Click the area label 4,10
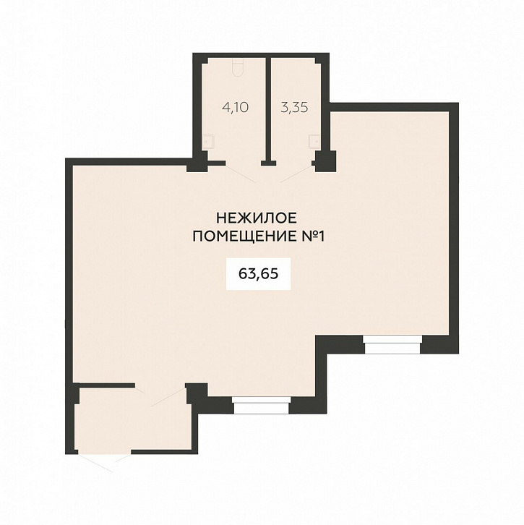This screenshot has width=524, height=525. point(235,108)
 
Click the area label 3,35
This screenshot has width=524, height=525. point(294,108)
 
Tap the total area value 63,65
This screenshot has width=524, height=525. point(258,274)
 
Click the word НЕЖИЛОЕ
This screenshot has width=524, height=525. point(257,218)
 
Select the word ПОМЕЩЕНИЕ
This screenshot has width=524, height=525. point(244,236)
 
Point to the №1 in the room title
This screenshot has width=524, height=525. point(312,236)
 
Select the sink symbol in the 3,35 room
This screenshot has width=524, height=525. point(314,141)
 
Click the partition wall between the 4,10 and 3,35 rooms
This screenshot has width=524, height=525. point(268,111)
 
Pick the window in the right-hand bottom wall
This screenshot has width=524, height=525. point(392,345)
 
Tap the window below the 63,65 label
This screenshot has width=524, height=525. point(262,405)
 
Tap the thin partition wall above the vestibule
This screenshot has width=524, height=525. point(106,385)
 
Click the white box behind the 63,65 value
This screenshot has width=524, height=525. point(258,274)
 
